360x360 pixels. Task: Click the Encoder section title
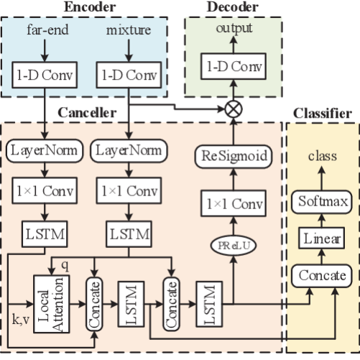pyautogui.click(x=91, y=7)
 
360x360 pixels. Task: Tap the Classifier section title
pyautogui.click(x=322, y=112)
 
